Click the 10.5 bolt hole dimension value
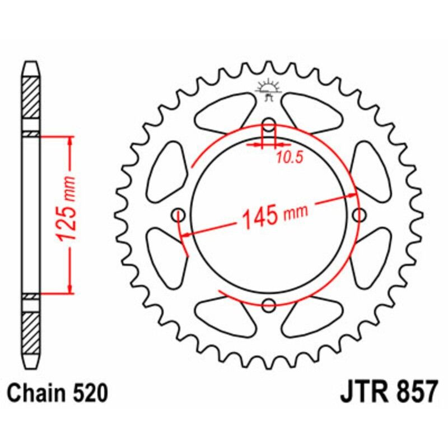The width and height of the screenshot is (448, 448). [288, 158]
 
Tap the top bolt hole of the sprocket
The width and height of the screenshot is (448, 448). [269, 124]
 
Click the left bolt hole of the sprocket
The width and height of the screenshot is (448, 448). [179, 214]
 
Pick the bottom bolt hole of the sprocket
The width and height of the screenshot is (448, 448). [269, 305]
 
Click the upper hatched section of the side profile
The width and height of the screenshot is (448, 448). [31, 96]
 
